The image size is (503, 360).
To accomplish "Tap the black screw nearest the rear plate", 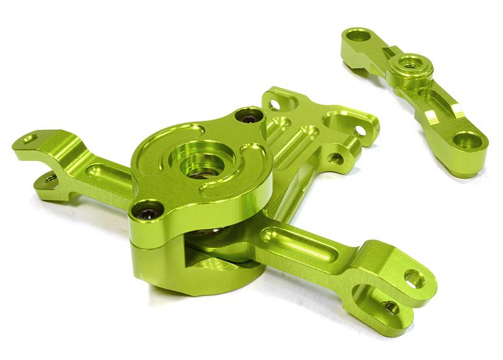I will tap(250, 117).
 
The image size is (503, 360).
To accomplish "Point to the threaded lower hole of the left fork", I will tap(49, 180).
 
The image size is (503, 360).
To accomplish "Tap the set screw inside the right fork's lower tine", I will tap(391, 307).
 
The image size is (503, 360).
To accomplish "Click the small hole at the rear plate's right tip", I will tap(361, 131).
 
